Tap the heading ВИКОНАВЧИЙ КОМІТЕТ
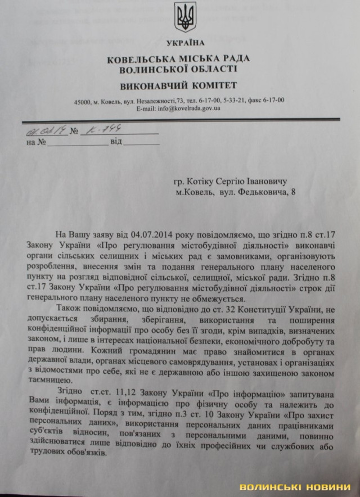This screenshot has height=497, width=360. pyautogui.click(x=178, y=85)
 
